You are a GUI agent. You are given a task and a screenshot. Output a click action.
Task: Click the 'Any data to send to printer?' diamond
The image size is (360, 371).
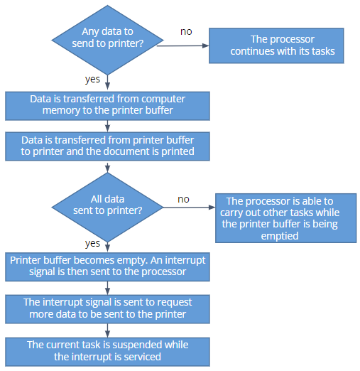(107, 40)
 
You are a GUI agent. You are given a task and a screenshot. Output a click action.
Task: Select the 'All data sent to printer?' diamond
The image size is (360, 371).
(107, 208)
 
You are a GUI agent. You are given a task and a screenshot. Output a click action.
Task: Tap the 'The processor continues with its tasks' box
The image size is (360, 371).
(276, 45)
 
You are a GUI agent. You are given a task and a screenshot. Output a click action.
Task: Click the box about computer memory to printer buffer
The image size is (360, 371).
(107, 106)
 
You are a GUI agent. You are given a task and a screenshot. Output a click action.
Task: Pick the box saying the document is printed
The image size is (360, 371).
(107, 146)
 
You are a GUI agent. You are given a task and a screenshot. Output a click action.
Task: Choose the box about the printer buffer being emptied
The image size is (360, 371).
(285, 218)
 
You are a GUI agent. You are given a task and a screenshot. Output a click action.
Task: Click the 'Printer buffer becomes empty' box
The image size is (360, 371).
(107, 267)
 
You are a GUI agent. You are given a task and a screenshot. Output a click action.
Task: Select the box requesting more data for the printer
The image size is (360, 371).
(107, 309)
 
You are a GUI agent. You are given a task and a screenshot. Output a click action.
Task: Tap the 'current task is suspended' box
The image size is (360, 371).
(107, 352)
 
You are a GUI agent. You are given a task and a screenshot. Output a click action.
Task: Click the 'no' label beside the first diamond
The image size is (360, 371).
(186, 32)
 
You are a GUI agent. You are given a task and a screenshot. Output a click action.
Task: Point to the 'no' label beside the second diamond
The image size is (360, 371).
(183, 200)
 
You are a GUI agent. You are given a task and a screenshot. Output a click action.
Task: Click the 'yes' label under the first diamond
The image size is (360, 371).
(92, 80)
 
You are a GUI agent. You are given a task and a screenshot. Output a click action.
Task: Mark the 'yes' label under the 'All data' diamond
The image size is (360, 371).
(92, 244)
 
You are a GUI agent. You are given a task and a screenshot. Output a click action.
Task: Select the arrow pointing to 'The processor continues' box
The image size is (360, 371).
(182, 45)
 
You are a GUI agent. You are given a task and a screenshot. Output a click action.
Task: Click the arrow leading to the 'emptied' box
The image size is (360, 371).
(189, 208)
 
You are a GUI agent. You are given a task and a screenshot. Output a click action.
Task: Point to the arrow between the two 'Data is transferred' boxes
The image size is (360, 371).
(107, 127)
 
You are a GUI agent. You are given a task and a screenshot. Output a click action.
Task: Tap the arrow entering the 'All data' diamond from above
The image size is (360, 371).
(107, 168)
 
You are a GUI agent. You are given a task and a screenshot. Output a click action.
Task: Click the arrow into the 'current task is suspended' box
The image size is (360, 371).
(107, 330)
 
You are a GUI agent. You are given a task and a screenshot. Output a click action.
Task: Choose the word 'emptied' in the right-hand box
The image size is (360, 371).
(280, 236)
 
